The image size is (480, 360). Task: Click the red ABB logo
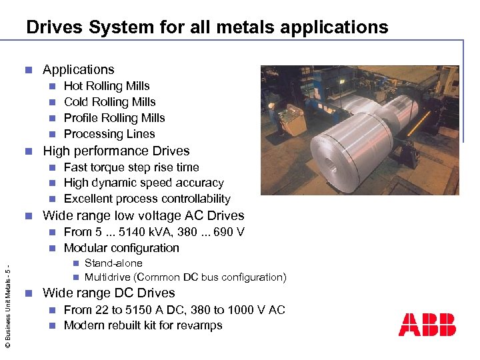click(x=427, y=325)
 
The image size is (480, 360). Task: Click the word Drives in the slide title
click(x=54, y=27)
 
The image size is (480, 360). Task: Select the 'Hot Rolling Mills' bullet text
click(x=107, y=86)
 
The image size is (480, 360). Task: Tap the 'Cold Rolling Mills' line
click(x=109, y=102)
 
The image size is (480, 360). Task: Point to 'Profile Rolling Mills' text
click(x=114, y=118)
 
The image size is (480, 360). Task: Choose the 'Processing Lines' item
click(x=109, y=134)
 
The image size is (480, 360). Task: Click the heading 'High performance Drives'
click(x=116, y=151)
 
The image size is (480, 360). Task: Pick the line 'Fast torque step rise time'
click(x=131, y=167)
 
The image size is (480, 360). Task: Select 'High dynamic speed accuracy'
click(x=143, y=183)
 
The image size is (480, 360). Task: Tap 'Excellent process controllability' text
click(x=147, y=199)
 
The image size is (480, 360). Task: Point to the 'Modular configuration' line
click(x=121, y=248)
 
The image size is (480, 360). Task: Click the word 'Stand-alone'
click(x=113, y=263)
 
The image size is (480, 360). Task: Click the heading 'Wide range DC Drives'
click(x=109, y=293)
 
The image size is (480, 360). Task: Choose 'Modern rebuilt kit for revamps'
click(x=143, y=325)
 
